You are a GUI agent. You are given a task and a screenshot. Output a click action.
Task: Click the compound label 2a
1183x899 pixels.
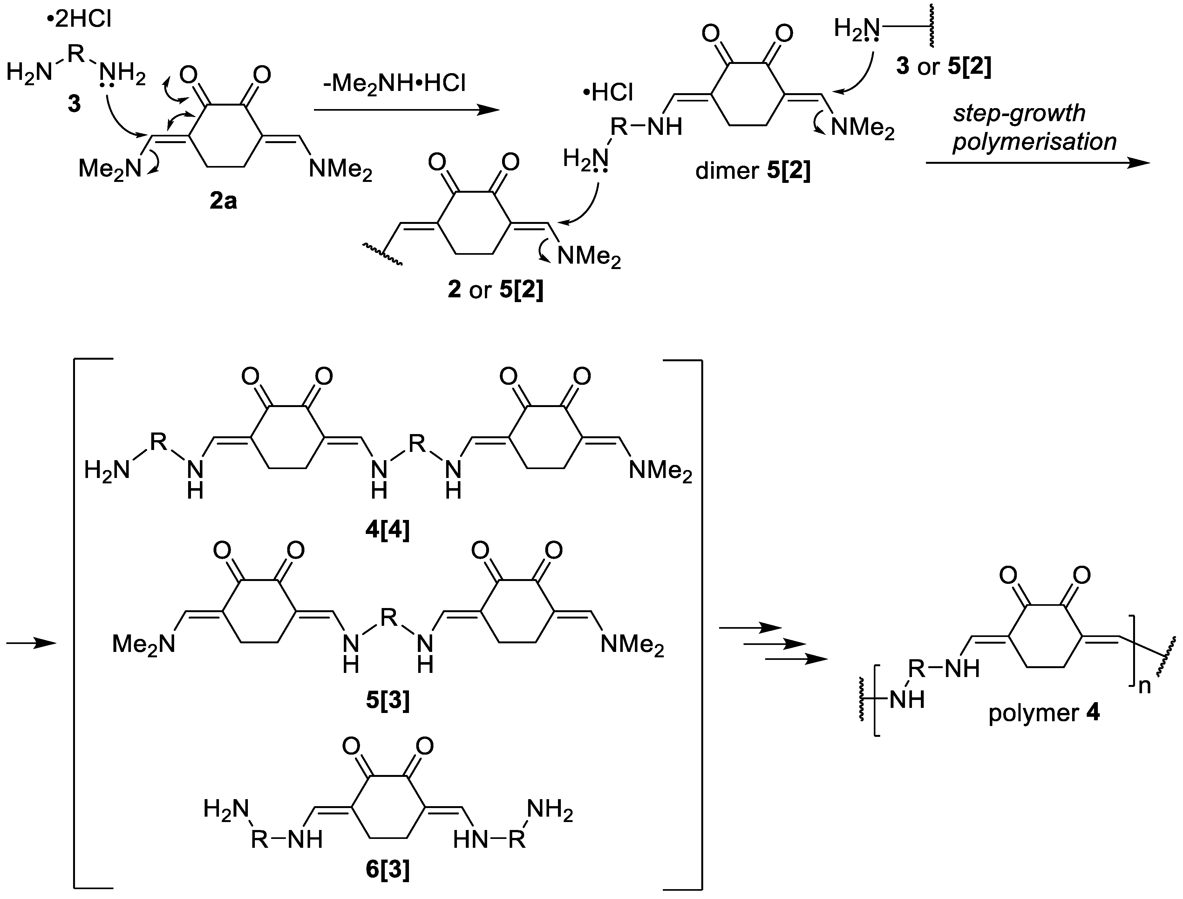223,202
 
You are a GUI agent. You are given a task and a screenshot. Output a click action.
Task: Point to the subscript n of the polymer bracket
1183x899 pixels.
1144,686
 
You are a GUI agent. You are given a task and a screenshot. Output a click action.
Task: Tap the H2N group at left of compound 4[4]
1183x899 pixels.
107,471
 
